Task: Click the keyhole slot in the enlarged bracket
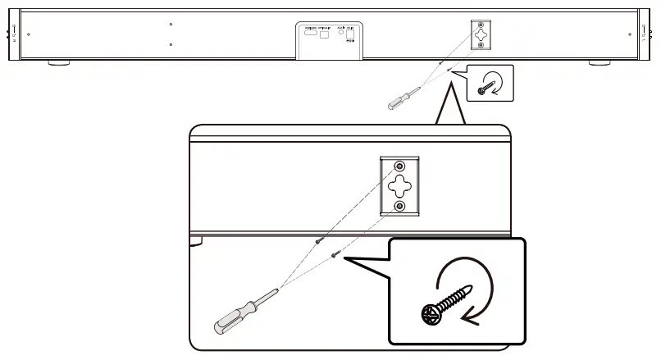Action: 400,185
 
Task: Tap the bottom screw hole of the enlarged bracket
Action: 400,206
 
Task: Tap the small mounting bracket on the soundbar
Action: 480,34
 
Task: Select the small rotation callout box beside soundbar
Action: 490,84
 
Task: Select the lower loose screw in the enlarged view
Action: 335,256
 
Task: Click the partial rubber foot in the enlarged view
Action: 195,240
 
